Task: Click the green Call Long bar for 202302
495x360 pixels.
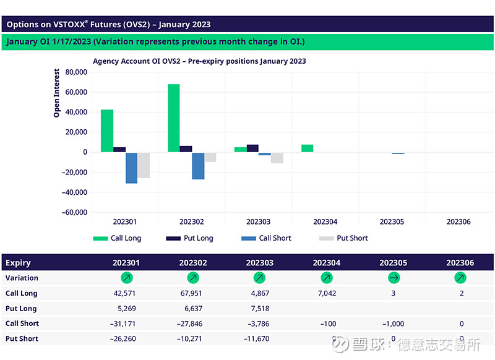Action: pos(174,118)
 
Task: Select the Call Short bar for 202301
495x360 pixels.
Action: pos(131,168)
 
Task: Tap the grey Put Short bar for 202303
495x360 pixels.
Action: pos(277,158)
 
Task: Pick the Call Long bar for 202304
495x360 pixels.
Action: pos(307,148)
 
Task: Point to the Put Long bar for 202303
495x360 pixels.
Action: pos(252,148)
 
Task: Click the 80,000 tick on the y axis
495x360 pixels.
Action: pos(75,72)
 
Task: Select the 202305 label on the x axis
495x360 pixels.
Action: pos(392,221)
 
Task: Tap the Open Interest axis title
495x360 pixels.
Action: pos(57,93)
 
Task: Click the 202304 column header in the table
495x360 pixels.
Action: pos(326,263)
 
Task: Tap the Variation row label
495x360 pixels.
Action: pos(22,278)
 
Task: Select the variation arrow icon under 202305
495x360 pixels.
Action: pos(394,278)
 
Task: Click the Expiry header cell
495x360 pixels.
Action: pos(19,263)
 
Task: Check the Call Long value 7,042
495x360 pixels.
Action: pos(326,294)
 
